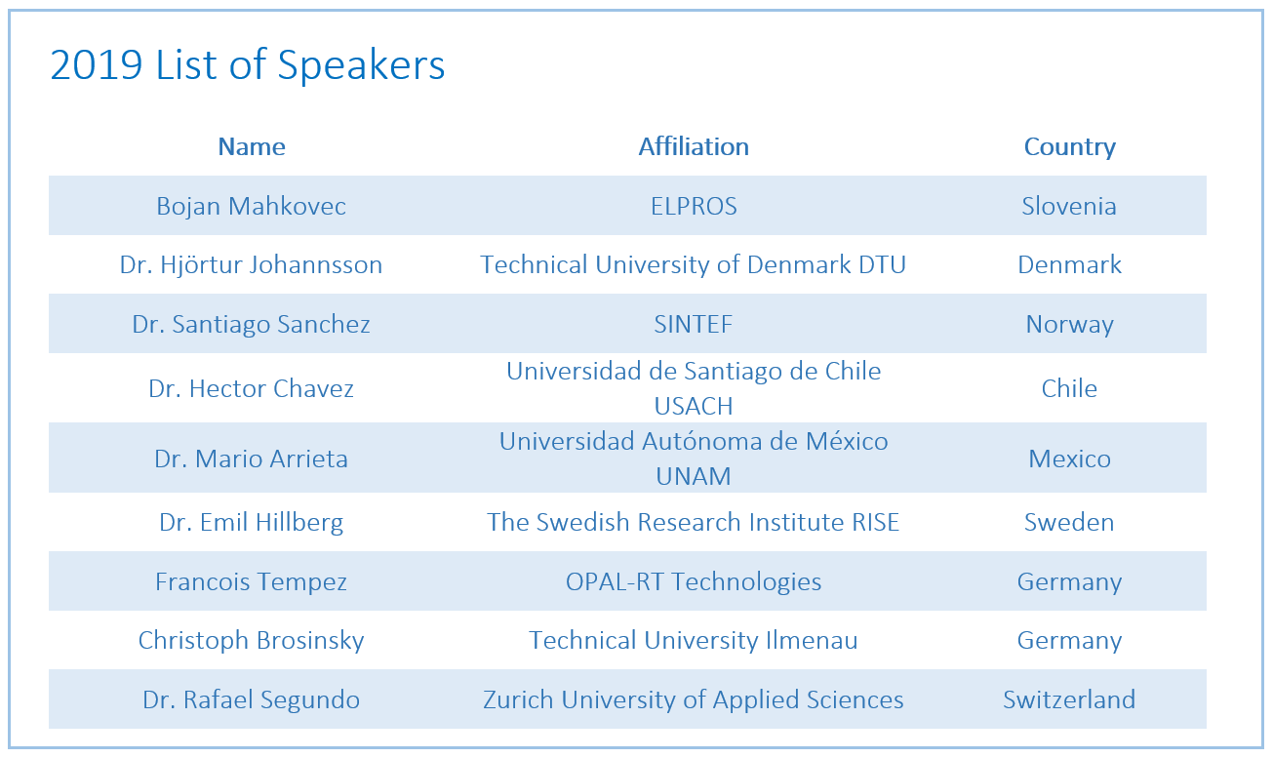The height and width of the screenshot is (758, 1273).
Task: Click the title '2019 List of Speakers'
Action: click(247, 64)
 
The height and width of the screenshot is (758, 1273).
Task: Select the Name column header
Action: click(252, 146)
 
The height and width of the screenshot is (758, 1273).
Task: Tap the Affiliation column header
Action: click(694, 146)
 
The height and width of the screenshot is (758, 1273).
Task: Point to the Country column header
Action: click(1069, 147)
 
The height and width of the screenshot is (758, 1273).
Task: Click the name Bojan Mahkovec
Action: click(252, 206)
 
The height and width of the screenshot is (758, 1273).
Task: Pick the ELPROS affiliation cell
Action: click(694, 206)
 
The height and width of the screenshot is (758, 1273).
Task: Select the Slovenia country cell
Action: click(1069, 206)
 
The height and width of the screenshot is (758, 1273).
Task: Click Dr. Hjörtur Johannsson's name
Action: click(252, 264)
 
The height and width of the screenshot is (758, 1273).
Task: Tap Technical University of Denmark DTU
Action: click(694, 264)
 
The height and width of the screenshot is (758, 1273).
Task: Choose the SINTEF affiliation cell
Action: click(694, 324)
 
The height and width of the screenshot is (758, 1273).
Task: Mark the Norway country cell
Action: click(1069, 325)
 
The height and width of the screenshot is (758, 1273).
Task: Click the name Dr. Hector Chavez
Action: click(252, 388)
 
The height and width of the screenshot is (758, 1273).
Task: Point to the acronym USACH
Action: click(694, 406)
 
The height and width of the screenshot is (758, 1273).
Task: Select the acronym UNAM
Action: click(694, 476)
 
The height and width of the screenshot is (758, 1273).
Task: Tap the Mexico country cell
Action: click(1069, 459)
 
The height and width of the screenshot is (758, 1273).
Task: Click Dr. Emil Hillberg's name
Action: click(252, 522)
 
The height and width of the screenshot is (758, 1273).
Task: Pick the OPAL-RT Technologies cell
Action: click(694, 581)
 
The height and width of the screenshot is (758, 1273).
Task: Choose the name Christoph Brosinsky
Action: click(252, 640)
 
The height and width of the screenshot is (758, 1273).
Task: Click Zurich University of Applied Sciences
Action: click(694, 699)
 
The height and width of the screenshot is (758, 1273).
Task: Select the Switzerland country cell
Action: click(1069, 699)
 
